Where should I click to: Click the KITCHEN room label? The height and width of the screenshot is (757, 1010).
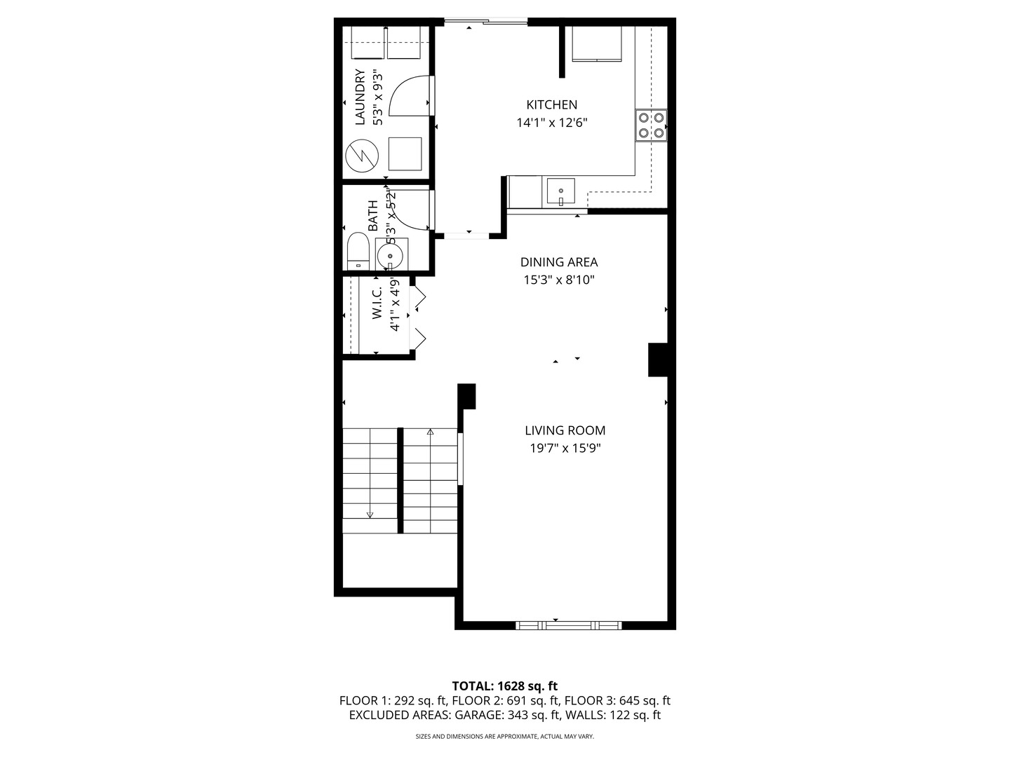point(551,105)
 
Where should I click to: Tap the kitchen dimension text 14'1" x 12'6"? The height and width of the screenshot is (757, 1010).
point(552,123)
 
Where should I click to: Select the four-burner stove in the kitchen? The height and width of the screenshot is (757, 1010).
point(651,125)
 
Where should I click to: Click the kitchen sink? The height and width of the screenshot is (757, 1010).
point(560,191)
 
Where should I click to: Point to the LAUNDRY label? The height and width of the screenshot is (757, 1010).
point(360,97)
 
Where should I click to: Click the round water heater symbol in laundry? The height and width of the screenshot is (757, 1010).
point(362,156)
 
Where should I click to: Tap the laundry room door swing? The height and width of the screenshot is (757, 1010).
point(410,95)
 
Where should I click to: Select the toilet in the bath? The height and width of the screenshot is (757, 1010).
point(358,251)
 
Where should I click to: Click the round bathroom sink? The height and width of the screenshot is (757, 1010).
point(390,256)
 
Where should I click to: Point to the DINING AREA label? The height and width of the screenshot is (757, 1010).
point(558,262)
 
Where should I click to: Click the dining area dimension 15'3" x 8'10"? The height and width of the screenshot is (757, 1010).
point(559,280)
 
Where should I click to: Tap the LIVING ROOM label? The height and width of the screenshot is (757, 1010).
point(565,430)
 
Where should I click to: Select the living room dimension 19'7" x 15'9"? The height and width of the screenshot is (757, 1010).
point(565,448)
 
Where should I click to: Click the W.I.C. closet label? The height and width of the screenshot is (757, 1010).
point(377,303)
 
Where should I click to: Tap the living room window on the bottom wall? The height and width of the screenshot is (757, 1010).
point(568,625)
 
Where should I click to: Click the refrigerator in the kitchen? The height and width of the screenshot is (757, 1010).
point(596,43)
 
